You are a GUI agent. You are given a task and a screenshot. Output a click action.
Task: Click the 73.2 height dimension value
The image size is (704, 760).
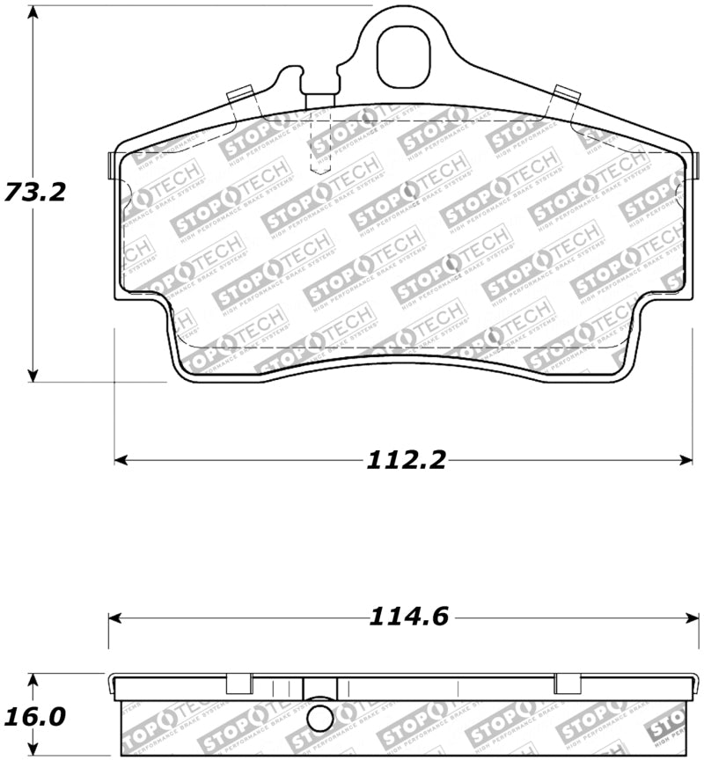[35, 191]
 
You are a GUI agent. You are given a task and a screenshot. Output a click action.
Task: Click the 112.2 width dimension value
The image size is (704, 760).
[406, 459]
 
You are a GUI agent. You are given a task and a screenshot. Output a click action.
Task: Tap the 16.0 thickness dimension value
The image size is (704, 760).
[35, 716]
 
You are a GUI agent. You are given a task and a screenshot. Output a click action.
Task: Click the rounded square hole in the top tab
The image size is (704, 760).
[405, 55]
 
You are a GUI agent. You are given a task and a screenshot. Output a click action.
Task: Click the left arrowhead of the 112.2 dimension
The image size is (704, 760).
[121, 459]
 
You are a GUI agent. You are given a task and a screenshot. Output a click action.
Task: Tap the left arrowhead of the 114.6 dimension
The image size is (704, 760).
[115, 617]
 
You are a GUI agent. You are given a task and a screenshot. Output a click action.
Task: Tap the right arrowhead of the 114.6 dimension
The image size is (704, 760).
[693, 617]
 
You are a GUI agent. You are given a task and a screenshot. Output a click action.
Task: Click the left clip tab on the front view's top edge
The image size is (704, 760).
[240, 93]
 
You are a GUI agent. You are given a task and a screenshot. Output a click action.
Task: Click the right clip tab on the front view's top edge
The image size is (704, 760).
[568, 93]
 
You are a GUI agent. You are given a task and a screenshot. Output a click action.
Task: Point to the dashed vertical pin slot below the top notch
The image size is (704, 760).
[320, 145]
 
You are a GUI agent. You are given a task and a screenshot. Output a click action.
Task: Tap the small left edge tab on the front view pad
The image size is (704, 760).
[109, 164]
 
